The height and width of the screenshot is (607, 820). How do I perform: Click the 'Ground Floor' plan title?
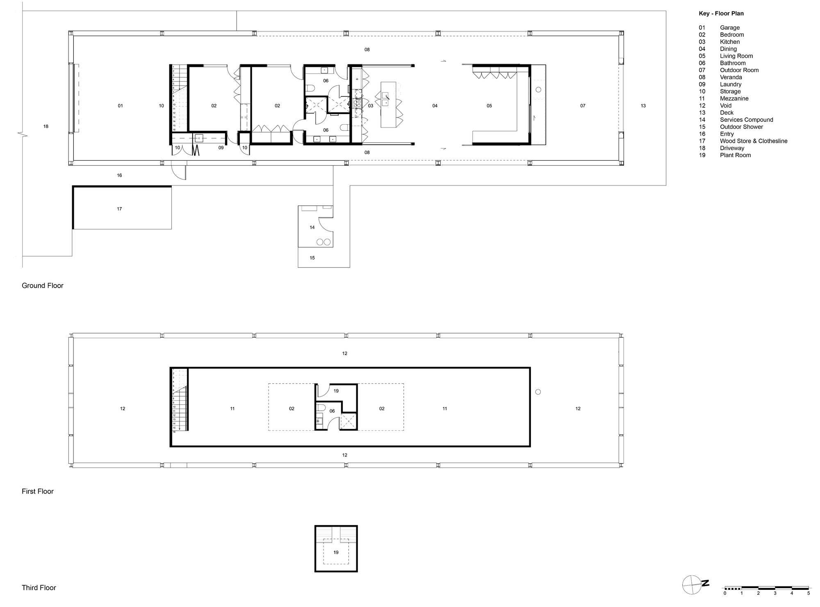click(43, 285)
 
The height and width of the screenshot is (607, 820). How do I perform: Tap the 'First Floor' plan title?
click(38, 491)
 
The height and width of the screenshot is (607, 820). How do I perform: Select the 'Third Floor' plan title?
click(39, 588)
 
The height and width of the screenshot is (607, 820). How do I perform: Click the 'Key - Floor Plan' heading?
click(721, 14)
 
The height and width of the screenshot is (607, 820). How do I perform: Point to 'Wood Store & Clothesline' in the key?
click(754, 141)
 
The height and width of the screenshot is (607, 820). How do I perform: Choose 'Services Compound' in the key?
click(746, 120)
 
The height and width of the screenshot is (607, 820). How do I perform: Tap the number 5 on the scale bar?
click(809, 593)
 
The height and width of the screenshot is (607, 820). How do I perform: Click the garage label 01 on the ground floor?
click(121, 106)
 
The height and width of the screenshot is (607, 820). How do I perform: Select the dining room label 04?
click(435, 106)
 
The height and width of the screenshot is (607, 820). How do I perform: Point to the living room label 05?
click(489, 106)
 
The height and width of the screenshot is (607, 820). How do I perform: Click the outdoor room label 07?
click(583, 106)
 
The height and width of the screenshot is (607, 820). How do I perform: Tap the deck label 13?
click(643, 106)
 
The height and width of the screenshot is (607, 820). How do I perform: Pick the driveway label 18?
click(46, 126)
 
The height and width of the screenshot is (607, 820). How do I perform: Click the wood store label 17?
click(119, 209)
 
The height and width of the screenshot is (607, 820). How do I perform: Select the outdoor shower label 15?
click(312, 258)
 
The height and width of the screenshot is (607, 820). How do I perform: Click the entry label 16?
click(119, 175)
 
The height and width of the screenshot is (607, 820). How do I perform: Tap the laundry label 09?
click(221, 148)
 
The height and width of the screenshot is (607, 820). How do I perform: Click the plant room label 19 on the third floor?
click(336, 552)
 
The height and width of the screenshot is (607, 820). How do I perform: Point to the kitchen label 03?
click(371, 106)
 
